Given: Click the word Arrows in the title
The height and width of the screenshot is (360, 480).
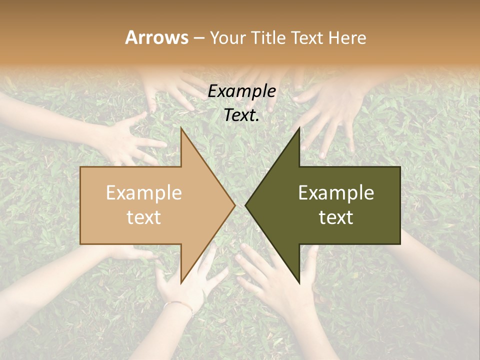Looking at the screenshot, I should point(157,37).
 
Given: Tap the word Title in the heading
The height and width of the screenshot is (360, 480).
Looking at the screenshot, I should point(269,38).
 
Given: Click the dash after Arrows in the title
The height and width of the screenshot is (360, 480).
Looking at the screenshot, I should point(198,38).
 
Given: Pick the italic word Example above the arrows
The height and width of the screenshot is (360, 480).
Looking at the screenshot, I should point(242,91).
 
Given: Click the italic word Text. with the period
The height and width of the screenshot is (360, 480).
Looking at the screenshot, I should point(242,115).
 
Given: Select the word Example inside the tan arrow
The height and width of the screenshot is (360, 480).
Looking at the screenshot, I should point(144,193).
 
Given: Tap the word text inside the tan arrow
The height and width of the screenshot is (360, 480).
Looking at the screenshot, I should point(144,217).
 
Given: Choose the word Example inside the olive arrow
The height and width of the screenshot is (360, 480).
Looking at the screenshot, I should point(336,193).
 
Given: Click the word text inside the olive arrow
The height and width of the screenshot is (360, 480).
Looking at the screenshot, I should point(336,217).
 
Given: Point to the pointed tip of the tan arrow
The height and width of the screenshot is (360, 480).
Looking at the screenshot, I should point(234,205).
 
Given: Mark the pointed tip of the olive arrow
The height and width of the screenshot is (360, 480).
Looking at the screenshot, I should point(246,205).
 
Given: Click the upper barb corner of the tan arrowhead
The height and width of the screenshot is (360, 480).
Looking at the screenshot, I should point(181,128).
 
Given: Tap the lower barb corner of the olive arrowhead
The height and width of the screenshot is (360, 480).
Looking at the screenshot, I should point(299,283).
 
